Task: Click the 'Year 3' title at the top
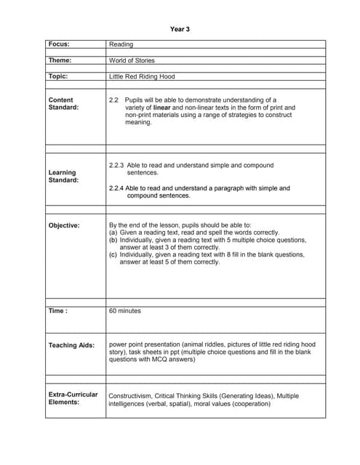click(180, 29)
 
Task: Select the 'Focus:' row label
click(60, 44)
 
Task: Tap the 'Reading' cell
click(121, 44)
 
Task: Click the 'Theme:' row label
click(60, 60)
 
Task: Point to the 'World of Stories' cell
click(132, 60)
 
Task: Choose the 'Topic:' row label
click(58, 76)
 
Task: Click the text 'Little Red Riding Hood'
click(142, 76)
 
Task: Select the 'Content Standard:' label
click(61, 103)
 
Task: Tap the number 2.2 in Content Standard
click(113, 99)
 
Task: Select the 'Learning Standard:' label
click(63, 176)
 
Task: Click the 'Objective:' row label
click(64, 225)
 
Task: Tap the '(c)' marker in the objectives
click(113, 255)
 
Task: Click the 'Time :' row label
click(58, 310)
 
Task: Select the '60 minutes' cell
click(125, 310)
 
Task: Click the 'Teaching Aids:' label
click(71, 345)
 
